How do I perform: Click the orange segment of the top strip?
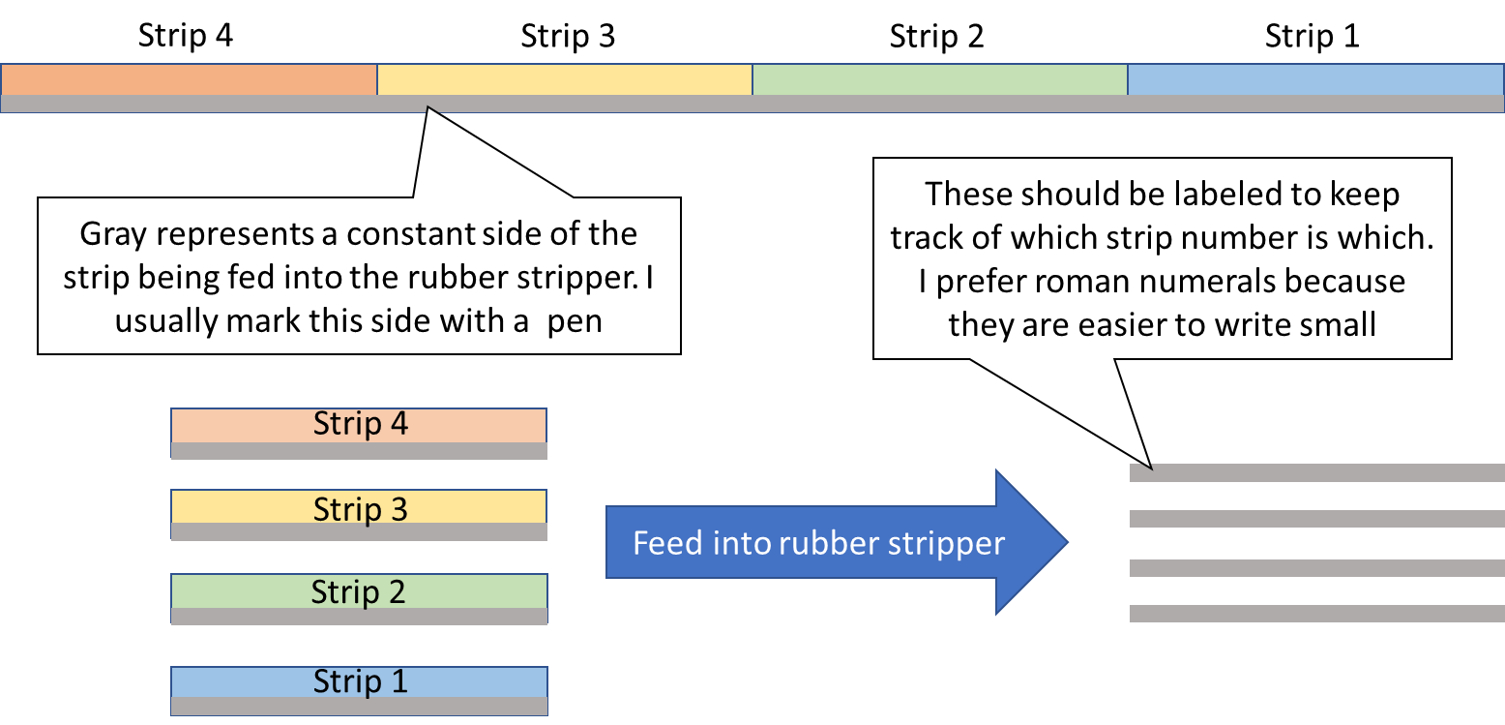(x=189, y=79)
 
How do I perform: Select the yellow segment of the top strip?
(x=564, y=79)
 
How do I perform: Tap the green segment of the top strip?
(x=939, y=79)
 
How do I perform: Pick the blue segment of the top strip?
(x=1315, y=79)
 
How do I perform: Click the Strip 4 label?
(x=360, y=424)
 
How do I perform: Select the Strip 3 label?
(x=360, y=508)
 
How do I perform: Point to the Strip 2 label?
(x=358, y=591)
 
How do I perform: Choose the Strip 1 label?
(x=360, y=681)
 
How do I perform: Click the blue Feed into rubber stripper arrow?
(x=832, y=543)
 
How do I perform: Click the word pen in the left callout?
(x=575, y=320)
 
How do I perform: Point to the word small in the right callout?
(x=1333, y=324)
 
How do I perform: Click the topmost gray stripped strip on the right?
(x=1315, y=473)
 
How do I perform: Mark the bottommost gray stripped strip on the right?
(x=1315, y=614)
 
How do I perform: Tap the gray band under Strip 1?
(x=359, y=706)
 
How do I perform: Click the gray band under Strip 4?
(x=359, y=451)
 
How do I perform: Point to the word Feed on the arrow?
(x=668, y=543)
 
